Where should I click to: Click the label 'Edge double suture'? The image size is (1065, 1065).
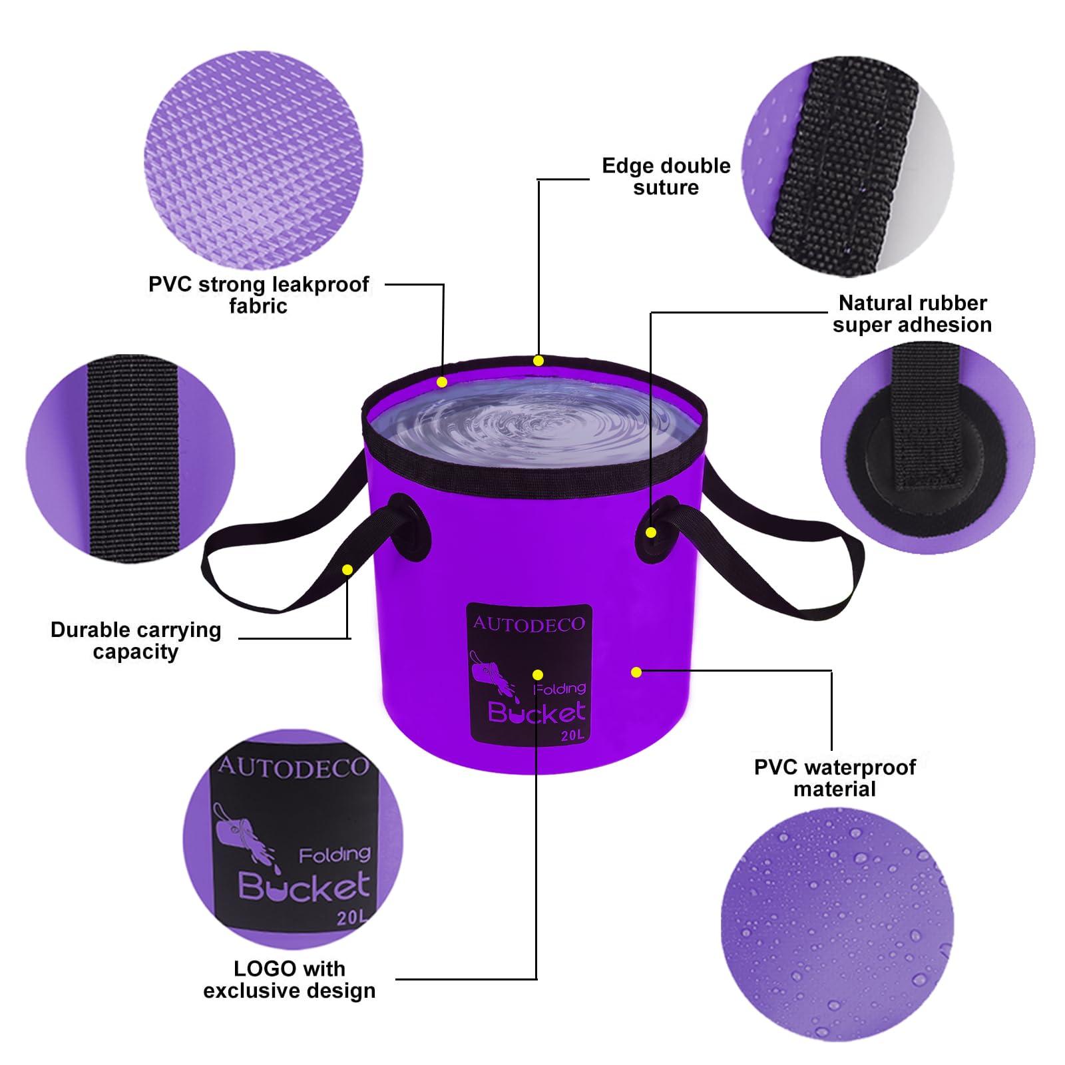tap(666, 176)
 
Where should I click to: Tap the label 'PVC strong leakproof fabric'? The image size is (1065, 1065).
tap(258, 295)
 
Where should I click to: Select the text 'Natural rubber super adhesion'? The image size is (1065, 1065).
tap(912, 314)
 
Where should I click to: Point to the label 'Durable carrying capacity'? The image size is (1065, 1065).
tap(136, 640)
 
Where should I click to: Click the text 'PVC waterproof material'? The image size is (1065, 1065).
tap(835, 778)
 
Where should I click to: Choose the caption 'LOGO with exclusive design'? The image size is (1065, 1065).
tap(290, 979)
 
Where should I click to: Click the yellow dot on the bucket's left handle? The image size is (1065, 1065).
tap(347, 570)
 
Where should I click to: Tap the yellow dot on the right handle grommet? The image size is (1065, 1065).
tap(652, 532)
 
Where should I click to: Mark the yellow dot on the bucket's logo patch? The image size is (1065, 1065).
tap(538, 675)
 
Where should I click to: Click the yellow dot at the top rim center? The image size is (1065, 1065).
tap(538, 361)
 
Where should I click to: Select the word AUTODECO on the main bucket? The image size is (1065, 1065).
tap(529, 624)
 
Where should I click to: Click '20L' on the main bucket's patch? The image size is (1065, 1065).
tap(571, 736)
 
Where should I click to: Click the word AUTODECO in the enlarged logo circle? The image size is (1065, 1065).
tap(293, 767)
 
